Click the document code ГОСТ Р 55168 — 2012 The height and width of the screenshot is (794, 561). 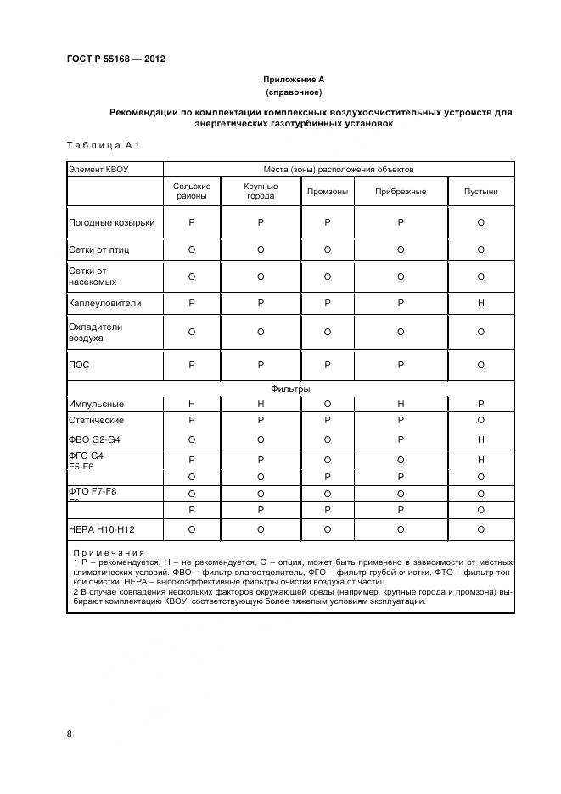115,59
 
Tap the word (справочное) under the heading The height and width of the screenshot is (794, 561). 293,92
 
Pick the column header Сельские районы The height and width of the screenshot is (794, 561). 191,191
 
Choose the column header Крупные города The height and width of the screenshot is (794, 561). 260,191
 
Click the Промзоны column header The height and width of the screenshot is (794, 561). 327,192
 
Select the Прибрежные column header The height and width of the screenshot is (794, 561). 400,192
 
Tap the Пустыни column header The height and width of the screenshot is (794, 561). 480,192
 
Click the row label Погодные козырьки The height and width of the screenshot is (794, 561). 111,223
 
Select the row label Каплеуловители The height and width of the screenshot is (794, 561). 104,302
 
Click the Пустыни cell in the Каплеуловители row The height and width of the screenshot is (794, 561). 480,302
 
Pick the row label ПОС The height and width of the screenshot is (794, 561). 79,365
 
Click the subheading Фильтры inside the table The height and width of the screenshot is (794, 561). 290,389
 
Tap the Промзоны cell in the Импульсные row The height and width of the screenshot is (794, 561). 327,405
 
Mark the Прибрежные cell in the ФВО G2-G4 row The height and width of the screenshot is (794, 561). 400,439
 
